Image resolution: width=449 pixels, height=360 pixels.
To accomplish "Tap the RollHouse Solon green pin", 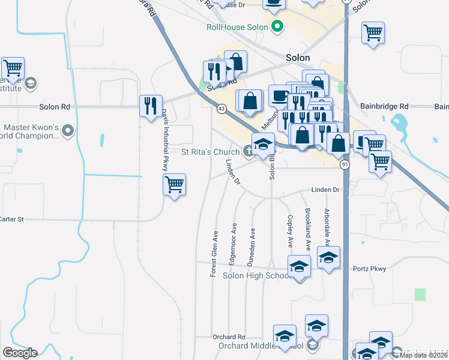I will (277, 26).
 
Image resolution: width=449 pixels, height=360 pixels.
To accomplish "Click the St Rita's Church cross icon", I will (248, 151).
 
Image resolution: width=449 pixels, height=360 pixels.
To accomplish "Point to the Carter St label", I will (11, 220).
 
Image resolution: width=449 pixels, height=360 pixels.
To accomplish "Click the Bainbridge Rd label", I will (384, 106).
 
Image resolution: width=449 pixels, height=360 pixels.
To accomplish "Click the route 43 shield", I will (221, 109).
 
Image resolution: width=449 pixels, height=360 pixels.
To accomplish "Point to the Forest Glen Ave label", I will (213, 253).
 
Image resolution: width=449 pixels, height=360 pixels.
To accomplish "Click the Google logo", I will (20, 353).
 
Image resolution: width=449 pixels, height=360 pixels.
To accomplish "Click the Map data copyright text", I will (424, 355).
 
